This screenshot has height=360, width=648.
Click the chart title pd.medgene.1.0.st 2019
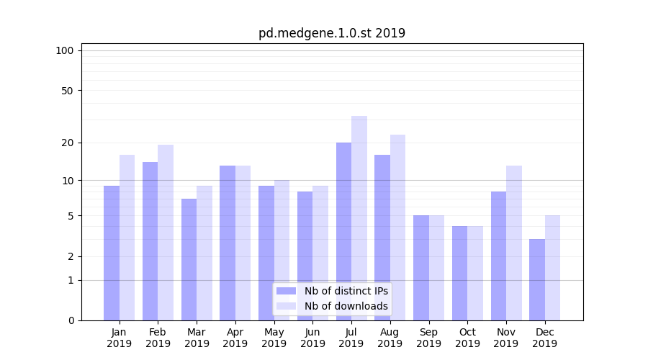tap(332, 33)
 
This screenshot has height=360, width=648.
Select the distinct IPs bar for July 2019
tap(343, 230)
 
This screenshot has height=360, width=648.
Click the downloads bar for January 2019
tap(127, 238)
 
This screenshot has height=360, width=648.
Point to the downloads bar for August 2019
tap(398, 227)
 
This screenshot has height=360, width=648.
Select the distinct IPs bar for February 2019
tap(150, 240)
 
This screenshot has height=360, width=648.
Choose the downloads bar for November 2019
tap(514, 243)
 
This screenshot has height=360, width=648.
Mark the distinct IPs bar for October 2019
tap(459, 273)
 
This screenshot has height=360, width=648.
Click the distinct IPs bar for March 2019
tap(189, 259)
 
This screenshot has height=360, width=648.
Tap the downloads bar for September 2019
tap(436, 267)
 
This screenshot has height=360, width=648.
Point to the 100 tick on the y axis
tap(65, 50)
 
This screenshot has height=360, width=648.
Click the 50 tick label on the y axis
tap(67, 91)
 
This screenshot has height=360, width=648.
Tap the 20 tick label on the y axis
tap(67, 143)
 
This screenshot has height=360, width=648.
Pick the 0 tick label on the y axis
tap(71, 320)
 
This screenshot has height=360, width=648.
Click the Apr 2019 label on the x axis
tap(235, 338)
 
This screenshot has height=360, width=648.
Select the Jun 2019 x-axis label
tap(312, 338)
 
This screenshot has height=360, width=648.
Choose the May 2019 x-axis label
tap(274, 338)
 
